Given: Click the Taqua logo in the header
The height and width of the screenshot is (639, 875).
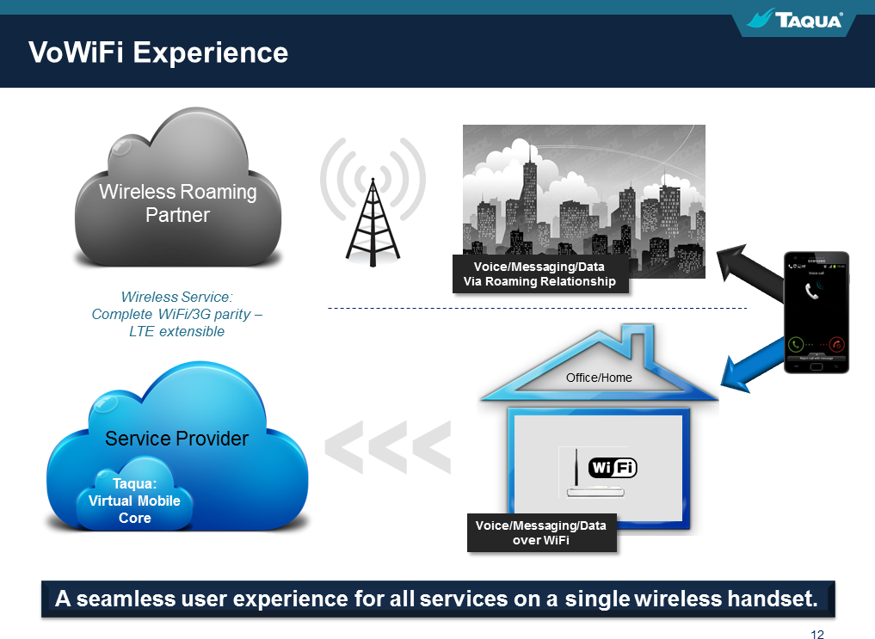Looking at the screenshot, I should (795, 20).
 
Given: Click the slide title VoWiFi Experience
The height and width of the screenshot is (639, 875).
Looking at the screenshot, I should (158, 52).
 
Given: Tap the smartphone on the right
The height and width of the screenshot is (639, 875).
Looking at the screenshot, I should (816, 312).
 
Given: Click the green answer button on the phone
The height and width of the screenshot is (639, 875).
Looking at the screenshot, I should (797, 344).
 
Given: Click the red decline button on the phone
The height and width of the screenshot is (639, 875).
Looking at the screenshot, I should (835, 344).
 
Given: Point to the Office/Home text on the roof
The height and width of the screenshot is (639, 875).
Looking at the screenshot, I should (599, 378).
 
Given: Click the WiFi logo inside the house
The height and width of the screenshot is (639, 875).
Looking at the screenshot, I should (613, 468).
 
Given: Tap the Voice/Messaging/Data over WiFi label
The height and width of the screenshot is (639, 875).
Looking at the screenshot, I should (541, 532).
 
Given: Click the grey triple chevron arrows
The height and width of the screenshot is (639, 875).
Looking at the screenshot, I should (387, 447).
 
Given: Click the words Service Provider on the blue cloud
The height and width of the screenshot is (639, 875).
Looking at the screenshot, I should (176, 439).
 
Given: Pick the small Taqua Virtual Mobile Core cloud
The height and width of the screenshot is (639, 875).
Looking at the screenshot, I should (135, 501).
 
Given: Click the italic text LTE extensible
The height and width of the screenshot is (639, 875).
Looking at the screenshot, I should (177, 331).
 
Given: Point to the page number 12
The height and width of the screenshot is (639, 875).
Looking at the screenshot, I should (816, 635).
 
